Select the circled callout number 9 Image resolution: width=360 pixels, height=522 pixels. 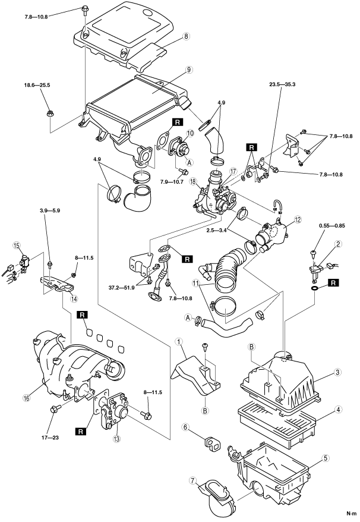coord(188,70)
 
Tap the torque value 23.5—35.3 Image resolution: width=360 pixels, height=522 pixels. coord(284,84)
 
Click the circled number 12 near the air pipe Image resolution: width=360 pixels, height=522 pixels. coord(298,219)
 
